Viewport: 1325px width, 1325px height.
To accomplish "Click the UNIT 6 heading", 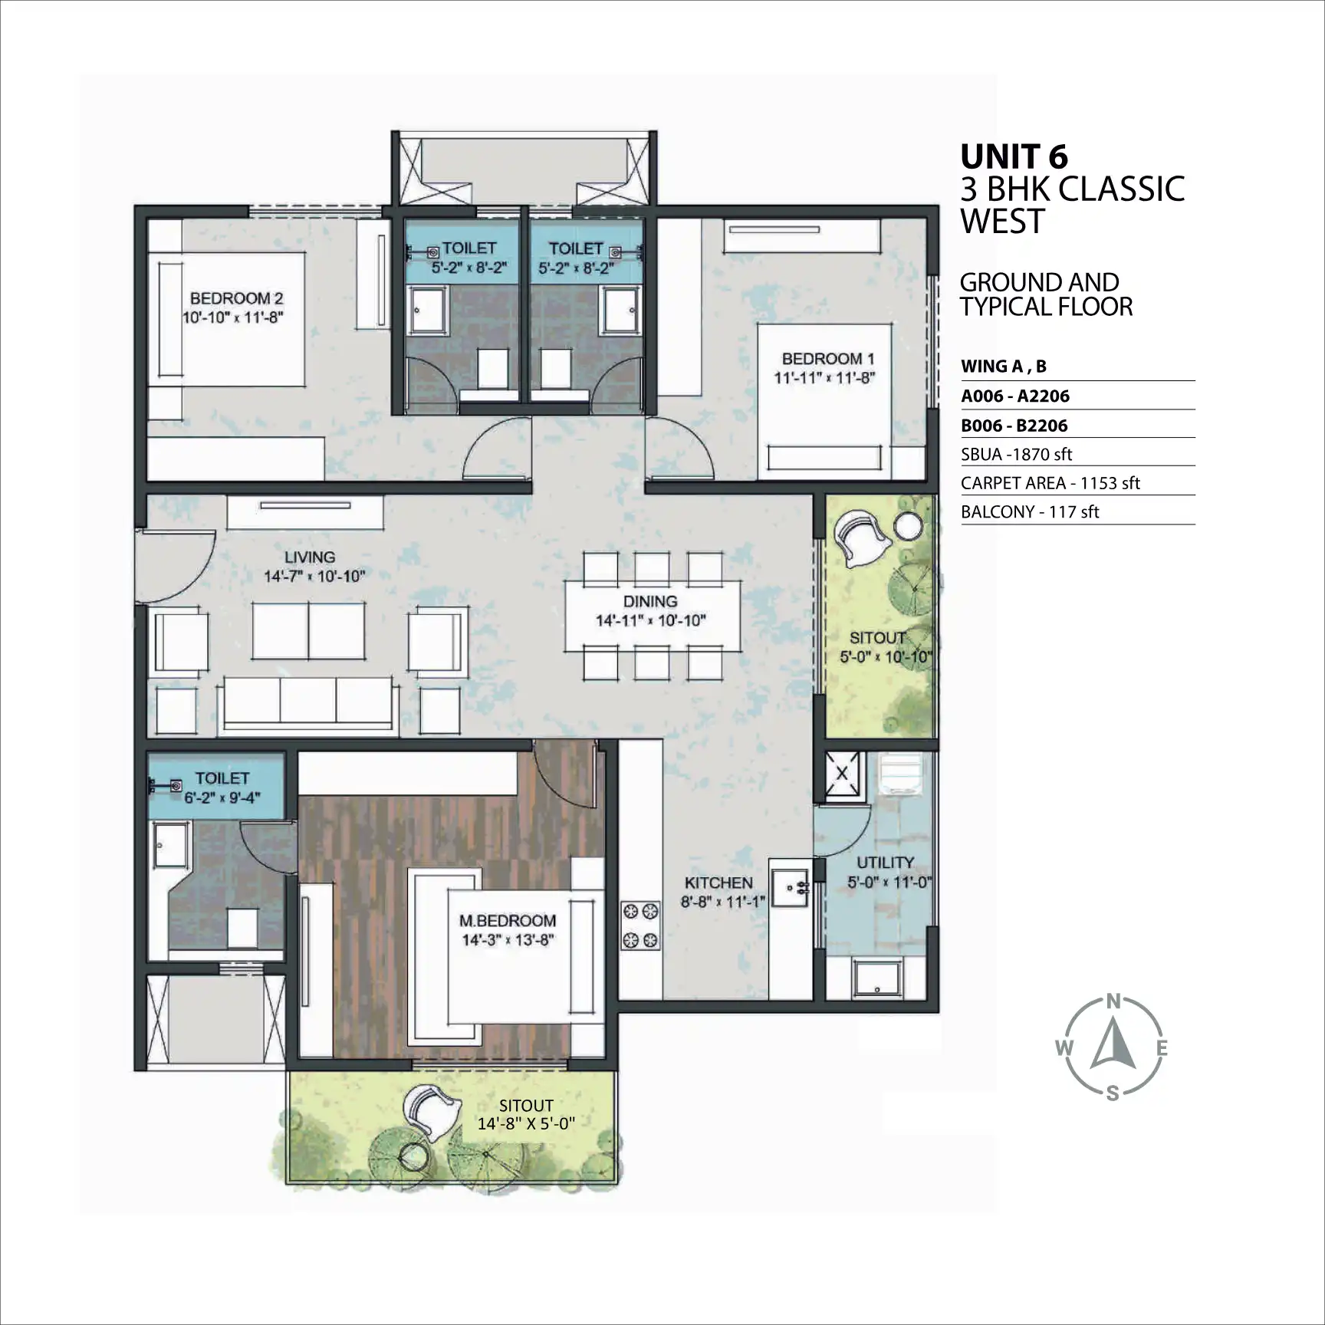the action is coord(1014,157).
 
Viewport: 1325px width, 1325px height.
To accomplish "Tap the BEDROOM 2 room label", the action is coord(237,298).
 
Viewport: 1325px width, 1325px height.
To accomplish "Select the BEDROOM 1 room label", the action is coord(828,358).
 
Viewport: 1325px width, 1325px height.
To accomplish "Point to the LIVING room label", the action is coord(310,557).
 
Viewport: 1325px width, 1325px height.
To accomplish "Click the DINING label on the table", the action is coord(650,601).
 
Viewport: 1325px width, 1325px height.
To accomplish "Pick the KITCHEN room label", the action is coord(718,883).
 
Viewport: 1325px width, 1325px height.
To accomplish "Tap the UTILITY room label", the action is coord(885,863).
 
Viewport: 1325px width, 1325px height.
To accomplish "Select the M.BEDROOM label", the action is coord(508,920).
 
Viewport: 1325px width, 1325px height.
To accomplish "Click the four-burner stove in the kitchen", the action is coord(640,925).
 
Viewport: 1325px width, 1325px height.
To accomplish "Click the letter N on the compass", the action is coord(1114,1001).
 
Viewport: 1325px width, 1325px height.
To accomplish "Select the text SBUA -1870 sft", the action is coord(1017,454).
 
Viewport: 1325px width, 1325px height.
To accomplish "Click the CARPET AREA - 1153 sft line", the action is coord(1050,483).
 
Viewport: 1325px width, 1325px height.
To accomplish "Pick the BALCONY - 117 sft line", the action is coord(1030,511).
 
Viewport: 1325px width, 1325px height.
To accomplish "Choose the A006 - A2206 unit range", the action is coord(1015,396).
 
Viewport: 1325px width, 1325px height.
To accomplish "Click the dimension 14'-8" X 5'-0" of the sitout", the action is coord(526,1124).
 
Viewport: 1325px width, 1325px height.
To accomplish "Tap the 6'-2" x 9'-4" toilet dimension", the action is coord(222,797).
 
